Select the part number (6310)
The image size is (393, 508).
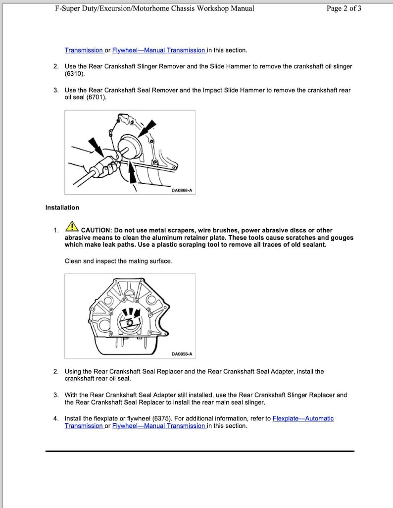point(75,74)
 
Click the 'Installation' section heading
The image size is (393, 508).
point(62,207)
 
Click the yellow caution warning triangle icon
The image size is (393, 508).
point(72,227)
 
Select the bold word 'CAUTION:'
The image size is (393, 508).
point(96,230)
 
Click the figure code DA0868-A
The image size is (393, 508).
point(182,190)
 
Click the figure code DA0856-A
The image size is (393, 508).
point(182,354)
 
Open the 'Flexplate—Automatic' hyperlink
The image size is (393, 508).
point(303,418)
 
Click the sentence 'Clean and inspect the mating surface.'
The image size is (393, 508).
point(118,261)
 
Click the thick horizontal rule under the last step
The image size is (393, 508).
point(200,451)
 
